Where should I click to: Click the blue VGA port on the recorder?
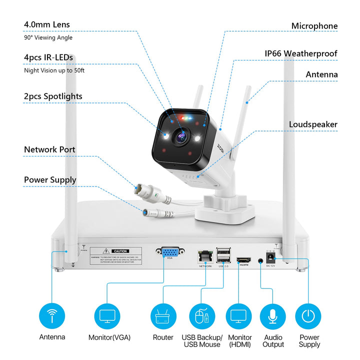point(170,254)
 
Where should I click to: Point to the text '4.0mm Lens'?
point(46,24)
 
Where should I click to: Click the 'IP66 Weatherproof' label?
point(300,53)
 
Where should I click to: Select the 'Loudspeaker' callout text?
point(313,124)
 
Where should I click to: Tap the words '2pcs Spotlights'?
point(53,96)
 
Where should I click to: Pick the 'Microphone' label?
point(314,26)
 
